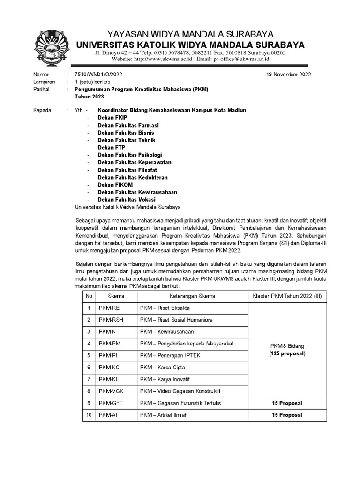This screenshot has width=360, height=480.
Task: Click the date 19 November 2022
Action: [288, 75]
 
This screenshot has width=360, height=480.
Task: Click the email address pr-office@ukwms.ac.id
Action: [241, 60]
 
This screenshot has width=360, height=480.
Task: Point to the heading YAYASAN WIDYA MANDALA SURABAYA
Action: [191, 34]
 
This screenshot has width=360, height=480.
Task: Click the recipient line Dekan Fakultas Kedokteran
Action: [133, 178]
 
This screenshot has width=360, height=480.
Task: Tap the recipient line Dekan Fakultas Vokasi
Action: [127, 200]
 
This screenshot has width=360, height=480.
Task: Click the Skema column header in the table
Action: [116, 296]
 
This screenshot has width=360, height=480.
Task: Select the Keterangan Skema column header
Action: [192, 296]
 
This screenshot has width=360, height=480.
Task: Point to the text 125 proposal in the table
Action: [287, 354]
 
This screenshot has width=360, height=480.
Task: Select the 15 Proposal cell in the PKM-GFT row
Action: [287, 403]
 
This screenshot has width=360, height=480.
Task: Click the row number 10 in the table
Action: [89, 415]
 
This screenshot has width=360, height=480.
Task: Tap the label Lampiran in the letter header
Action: [44, 82]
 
